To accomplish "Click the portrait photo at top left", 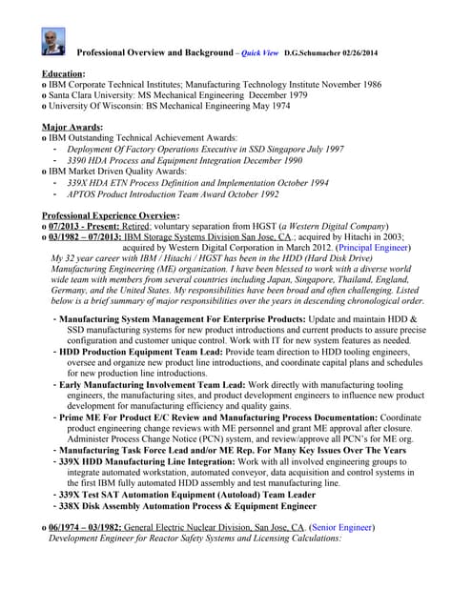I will tap(53, 41).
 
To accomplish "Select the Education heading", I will tap(64, 73).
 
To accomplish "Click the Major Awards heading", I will tap(73, 127).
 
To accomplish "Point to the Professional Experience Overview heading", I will tap(111, 215).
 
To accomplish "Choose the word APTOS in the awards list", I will tap(84, 193).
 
